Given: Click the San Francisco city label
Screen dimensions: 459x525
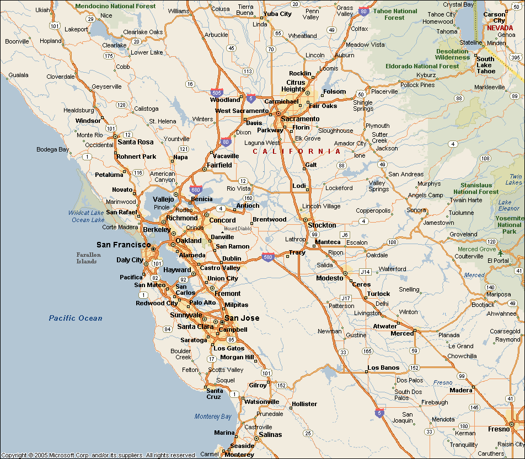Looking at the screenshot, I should [123, 245].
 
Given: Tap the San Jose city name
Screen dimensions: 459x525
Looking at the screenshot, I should [242, 318].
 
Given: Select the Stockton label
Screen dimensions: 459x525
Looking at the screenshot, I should [322, 225].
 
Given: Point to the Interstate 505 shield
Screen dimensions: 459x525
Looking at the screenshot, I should [217, 94].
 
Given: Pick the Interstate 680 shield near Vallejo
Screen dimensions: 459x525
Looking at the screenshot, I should [195, 190].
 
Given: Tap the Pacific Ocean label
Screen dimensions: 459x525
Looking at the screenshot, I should [75, 318].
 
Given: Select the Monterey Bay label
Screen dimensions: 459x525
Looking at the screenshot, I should [213, 417].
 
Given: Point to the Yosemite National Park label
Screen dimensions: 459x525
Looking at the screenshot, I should [509, 224].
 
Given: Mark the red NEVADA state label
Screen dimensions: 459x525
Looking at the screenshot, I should [500, 28].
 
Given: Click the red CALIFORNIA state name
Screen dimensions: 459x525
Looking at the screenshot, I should [297, 151].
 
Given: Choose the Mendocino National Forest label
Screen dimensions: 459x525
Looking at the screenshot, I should [115, 6].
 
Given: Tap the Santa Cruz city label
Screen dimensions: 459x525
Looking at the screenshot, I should [214, 393].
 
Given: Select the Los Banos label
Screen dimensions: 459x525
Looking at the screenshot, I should [383, 368].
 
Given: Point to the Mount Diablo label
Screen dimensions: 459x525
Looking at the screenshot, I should [238, 228].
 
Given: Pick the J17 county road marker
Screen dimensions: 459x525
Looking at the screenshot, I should [345, 298].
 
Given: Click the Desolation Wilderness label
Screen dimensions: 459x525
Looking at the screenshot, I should [452, 54].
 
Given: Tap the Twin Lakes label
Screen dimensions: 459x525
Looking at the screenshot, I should [514, 179].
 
